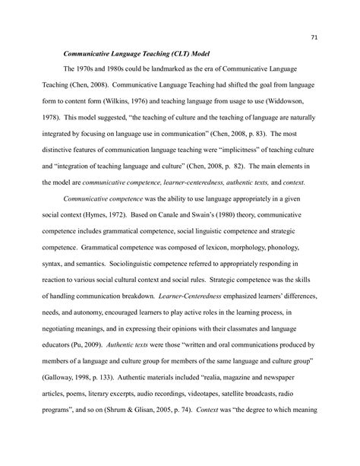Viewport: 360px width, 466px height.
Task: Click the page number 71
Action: pyautogui.click(x=313, y=35)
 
